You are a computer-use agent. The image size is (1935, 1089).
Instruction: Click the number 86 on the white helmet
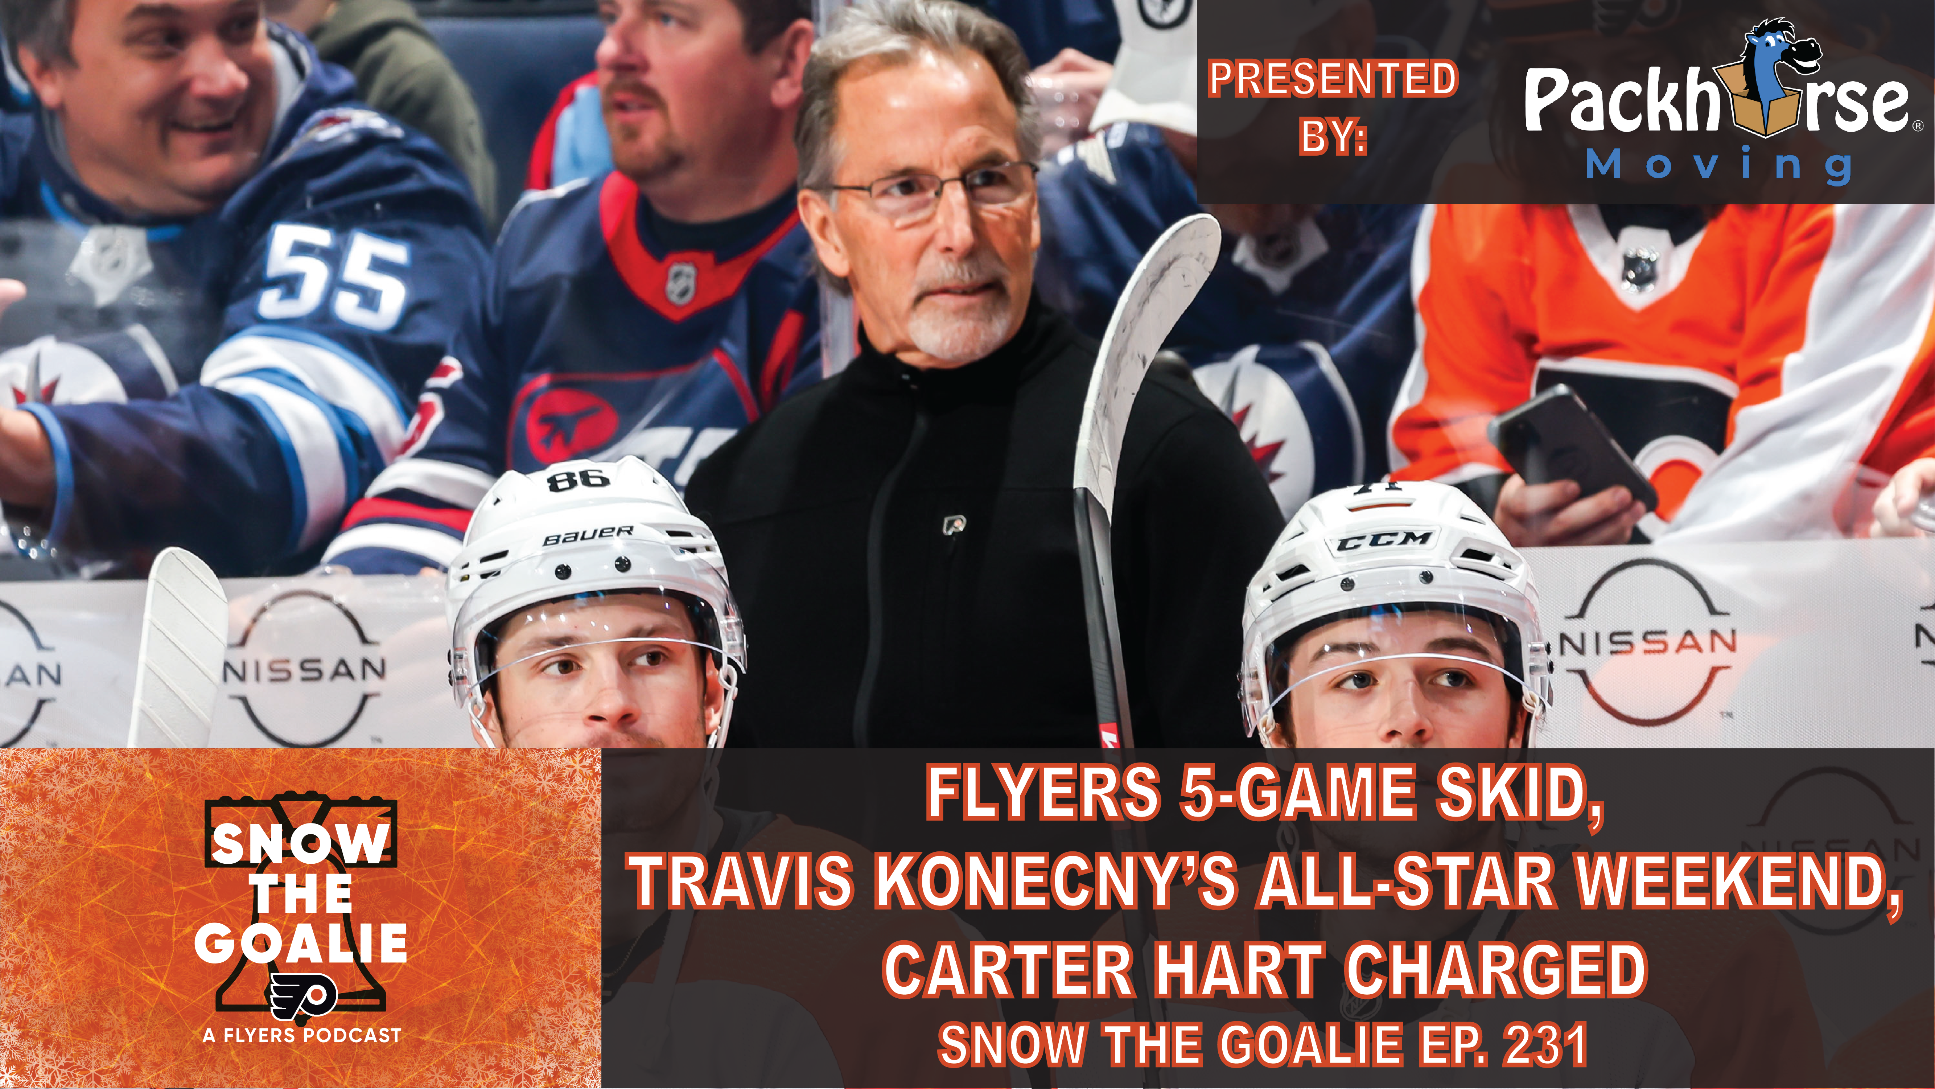tap(579, 478)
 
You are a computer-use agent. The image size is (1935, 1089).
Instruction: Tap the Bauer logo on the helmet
tap(588, 535)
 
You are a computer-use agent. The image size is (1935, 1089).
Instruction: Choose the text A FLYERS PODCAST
tap(302, 1036)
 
